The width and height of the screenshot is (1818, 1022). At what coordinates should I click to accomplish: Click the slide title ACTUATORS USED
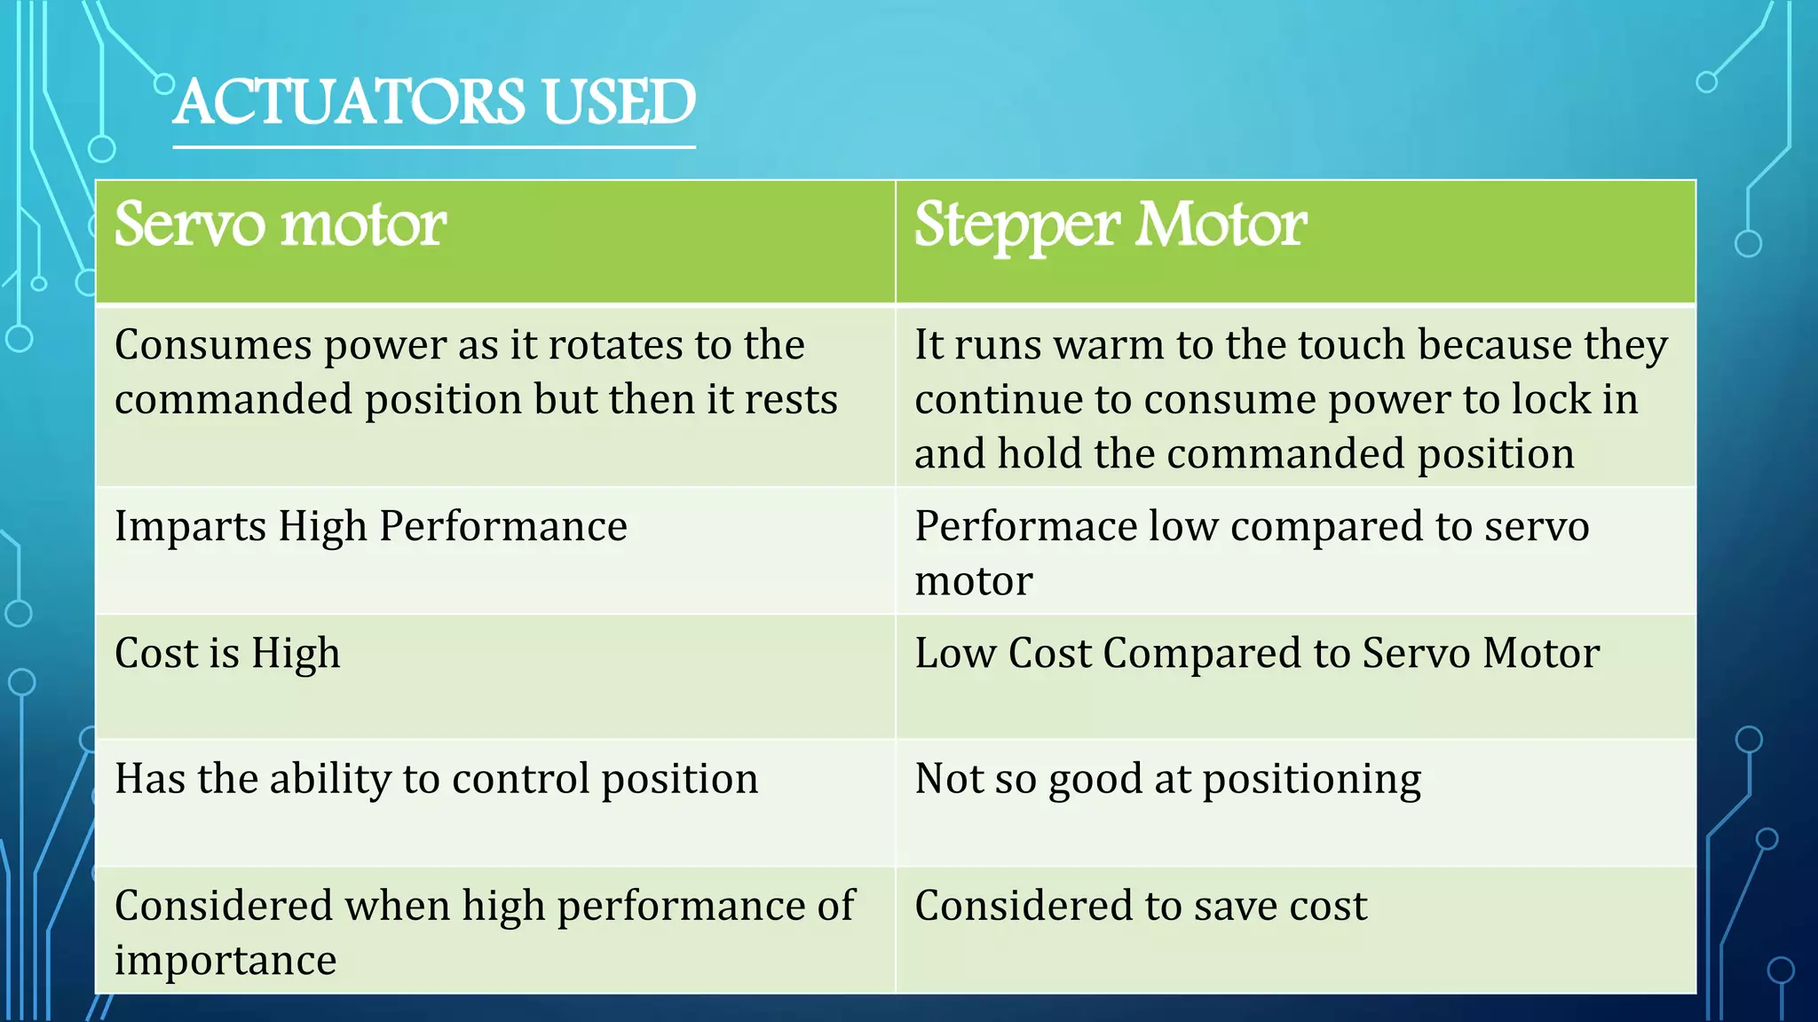(434, 102)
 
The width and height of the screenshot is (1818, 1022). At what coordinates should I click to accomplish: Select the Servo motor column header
(280, 224)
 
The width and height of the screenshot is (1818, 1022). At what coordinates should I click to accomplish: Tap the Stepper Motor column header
(1110, 224)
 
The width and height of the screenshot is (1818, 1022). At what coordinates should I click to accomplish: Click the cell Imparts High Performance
(371, 526)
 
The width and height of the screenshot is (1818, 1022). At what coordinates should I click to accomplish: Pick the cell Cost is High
(227, 654)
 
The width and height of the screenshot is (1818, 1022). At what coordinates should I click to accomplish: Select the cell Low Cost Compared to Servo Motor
(1257, 654)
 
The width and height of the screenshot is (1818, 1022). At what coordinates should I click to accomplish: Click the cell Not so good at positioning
(1167, 779)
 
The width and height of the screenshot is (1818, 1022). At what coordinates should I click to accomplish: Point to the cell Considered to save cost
(1141, 906)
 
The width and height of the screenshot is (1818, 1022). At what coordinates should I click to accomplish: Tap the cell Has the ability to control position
(436, 779)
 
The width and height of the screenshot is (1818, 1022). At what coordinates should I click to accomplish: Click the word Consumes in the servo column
(213, 345)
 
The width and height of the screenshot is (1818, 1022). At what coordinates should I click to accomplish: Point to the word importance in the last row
(225, 961)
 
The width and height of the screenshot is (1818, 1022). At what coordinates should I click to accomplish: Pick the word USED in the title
(619, 102)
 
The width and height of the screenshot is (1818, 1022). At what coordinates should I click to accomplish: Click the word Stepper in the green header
(1016, 224)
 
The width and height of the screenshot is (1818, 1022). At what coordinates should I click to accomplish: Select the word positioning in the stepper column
(1311, 779)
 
